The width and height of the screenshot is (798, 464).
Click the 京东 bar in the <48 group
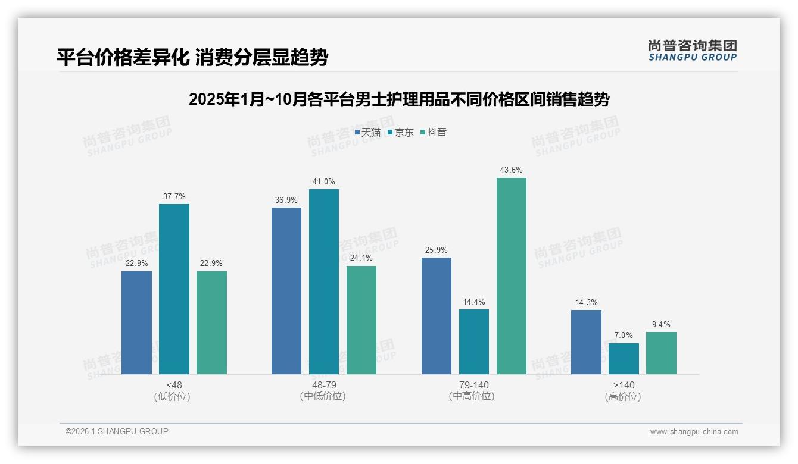174,289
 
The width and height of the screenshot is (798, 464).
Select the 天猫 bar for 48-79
286,291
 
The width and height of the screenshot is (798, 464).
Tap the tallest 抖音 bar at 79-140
512,276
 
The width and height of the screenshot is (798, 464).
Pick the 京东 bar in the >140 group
624,359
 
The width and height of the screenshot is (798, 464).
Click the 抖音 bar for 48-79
361,320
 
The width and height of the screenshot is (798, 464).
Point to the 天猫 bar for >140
586,342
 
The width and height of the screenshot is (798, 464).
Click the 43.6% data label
512,170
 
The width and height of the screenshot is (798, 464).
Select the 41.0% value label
324,181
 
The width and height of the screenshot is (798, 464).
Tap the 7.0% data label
624,336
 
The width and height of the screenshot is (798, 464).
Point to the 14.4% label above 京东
474,302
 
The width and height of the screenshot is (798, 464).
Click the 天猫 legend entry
367,132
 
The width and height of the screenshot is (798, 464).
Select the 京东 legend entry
401,132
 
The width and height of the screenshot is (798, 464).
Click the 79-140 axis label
474,385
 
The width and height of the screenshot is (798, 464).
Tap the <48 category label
174,385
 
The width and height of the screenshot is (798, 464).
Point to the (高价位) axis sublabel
624,397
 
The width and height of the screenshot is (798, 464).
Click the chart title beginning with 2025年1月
398,99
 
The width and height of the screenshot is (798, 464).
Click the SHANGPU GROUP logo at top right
692,51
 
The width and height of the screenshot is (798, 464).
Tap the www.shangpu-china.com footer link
694,432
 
